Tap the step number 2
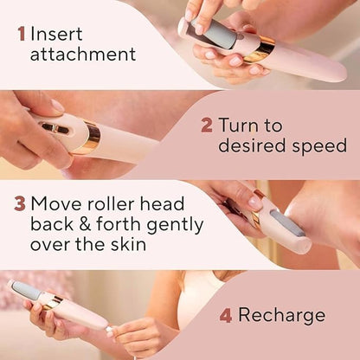coord(206,125)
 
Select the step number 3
coord(19,205)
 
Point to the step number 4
coord(225,315)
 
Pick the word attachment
coord(83,55)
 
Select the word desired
coord(247,145)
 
